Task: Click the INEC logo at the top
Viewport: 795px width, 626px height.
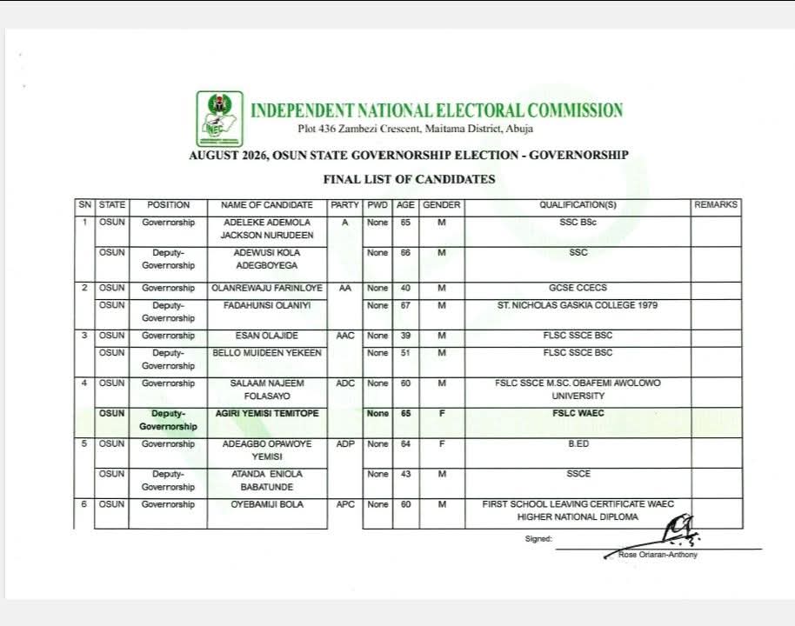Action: (219, 118)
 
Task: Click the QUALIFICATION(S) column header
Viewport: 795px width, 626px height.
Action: (578, 205)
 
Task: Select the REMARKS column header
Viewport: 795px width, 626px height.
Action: (716, 205)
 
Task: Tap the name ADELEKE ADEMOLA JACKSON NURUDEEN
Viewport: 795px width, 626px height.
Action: (267, 229)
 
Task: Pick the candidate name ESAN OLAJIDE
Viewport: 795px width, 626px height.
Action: (267, 336)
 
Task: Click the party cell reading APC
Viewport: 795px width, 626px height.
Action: (345, 504)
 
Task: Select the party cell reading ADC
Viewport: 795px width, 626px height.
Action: (345, 383)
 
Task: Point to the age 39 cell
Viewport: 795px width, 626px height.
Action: (405, 336)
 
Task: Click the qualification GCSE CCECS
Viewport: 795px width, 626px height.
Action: (578, 288)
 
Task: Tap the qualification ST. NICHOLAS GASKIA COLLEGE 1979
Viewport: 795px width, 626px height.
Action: (578, 305)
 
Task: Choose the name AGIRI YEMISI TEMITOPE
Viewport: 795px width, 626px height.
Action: (267, 414)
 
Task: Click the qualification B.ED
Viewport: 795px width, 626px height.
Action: (578, 444)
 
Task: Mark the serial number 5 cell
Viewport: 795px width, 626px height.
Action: (84, 444)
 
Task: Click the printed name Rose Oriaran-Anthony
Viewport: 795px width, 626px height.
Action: (657, 555)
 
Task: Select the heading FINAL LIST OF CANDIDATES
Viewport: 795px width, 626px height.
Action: (409, 179)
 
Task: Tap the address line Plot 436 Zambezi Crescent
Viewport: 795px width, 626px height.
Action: (415, 130)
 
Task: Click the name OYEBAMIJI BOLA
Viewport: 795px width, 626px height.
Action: (267, 504)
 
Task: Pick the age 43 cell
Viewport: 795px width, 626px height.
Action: (405, 474)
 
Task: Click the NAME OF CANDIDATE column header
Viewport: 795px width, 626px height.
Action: (267, 205)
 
